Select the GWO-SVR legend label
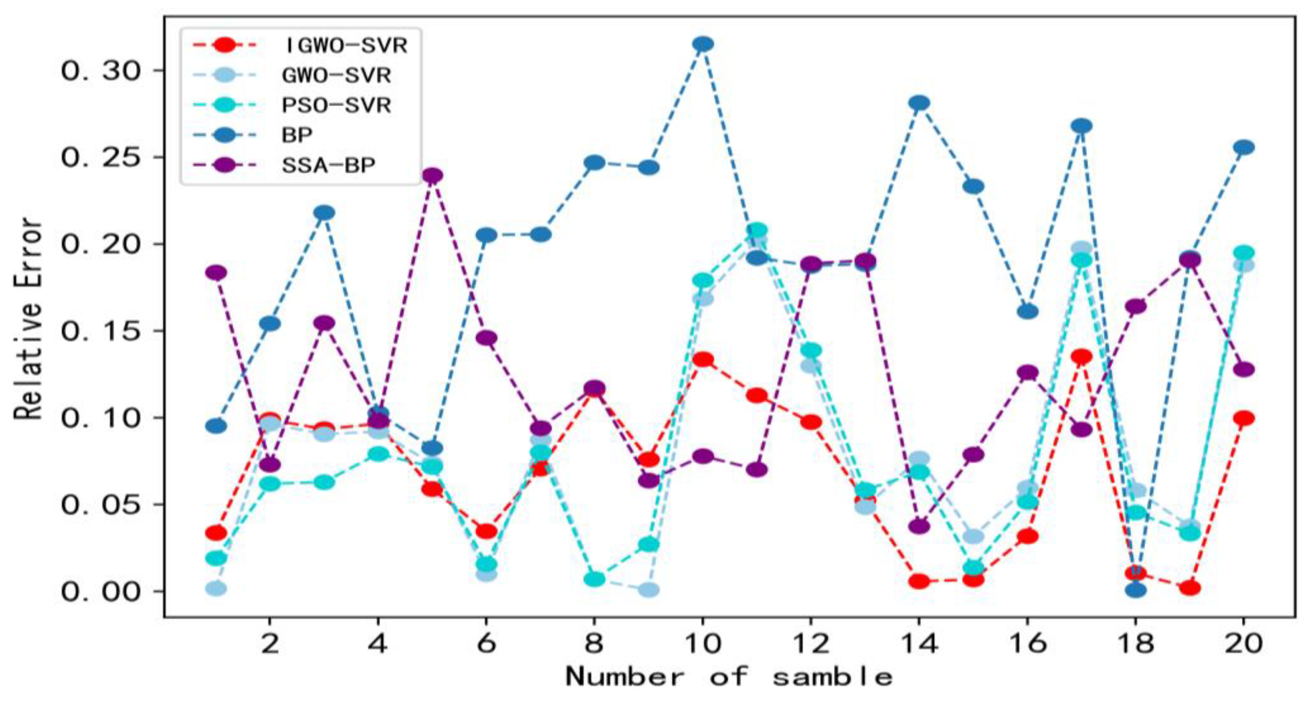[x=336, y=76]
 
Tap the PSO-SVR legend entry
[x=336, y=106]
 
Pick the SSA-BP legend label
[x=328, y=165]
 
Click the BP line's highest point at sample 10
[x=703, y=44]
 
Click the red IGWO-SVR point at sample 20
[x=1244, y=418]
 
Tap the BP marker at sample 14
[x=919, y=103]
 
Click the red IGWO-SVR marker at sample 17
[x=1081, y=357]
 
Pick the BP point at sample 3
[x=324, y=212]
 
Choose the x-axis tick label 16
[x=1027, y=644]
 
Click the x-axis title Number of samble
[x=729, y=678]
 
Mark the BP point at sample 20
[x=1244, y=148]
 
